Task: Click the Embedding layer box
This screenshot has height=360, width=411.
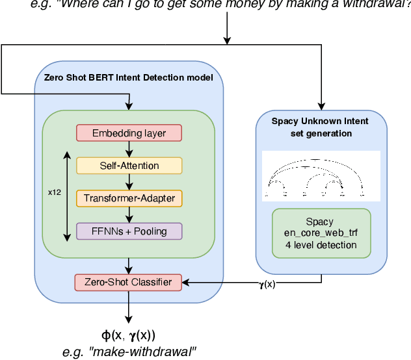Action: [129, 133]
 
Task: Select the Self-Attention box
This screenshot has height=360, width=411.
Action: [129, 166]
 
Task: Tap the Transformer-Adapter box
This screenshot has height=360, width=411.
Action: [129, 198]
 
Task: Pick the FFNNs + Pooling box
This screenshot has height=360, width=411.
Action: [129, 231]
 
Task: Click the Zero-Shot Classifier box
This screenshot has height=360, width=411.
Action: [129, 282]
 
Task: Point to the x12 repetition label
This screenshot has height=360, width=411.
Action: [55, 192]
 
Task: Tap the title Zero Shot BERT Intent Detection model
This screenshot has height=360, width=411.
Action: [128, 78]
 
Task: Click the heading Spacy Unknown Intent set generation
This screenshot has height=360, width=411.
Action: [320, 126]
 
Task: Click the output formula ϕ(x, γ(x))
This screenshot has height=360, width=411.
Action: [129, 335]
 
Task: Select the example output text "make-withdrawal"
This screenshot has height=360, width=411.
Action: [129, 352]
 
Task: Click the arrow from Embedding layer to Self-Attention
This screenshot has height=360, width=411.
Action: [129, 149]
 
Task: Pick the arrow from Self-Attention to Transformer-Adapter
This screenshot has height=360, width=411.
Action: [129, 182]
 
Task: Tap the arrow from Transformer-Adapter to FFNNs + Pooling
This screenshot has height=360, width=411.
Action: [129, 214]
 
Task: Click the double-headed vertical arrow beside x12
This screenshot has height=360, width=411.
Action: [67, 195]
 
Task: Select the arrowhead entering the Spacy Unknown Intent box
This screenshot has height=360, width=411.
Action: [321, 104]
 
